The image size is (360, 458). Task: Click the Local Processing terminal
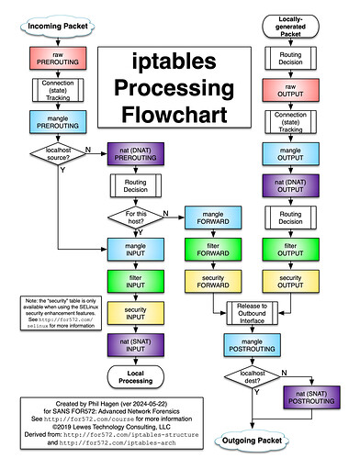136,375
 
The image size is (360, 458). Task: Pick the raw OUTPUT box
290,90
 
